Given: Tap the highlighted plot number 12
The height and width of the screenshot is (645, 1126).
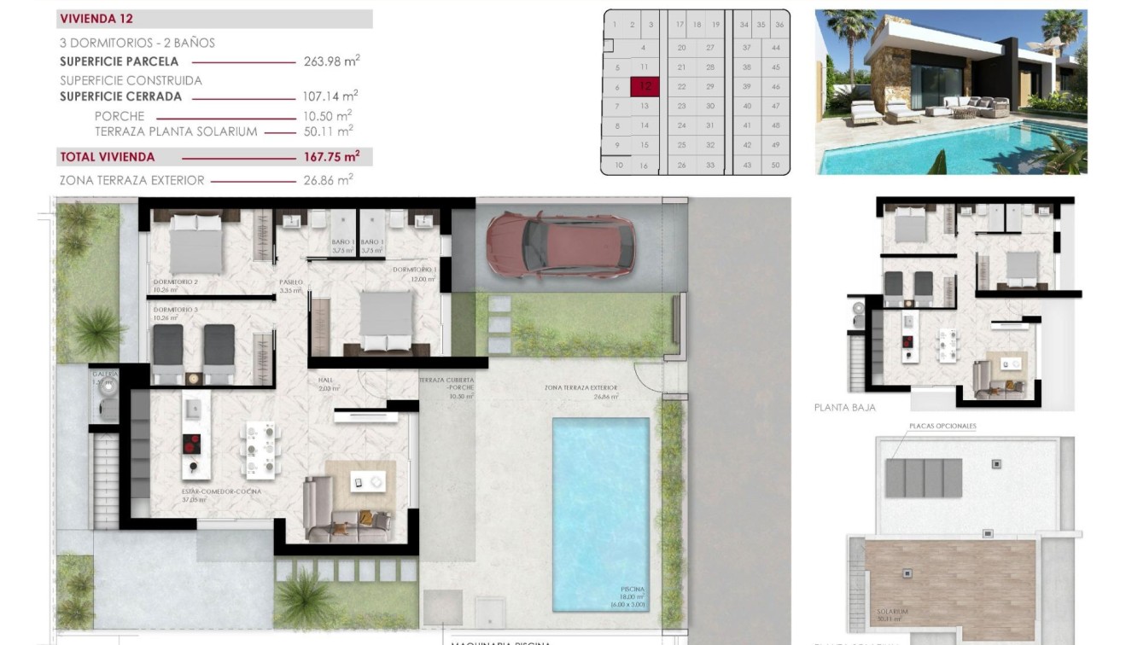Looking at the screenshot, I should pos(645,86).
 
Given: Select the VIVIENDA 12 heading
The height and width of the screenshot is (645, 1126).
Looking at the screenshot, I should pos(96,19).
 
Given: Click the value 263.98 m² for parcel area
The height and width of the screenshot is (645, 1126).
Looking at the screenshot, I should pos(331,61).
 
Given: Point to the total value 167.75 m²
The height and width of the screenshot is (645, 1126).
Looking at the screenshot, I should pos(331,156).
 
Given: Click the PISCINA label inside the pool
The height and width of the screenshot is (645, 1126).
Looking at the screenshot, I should pos(633,590).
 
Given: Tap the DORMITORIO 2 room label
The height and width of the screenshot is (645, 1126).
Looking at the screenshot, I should pos(176,282).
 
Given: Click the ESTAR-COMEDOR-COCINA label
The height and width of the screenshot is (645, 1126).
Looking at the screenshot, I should pos(221,492).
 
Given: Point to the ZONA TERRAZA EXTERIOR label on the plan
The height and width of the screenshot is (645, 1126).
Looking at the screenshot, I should pos(581,388).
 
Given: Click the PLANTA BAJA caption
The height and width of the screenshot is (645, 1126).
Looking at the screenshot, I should pos(844,408).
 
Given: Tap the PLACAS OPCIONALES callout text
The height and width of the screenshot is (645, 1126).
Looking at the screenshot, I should pos(942,426).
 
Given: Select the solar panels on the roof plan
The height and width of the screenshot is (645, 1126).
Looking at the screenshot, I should pos(923,478).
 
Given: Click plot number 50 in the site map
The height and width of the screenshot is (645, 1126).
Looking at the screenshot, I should pos(775,165).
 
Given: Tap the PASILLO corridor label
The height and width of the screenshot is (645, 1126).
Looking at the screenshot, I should pos(290,282).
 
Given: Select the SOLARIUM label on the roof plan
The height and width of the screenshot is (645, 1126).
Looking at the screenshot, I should pos(891,612).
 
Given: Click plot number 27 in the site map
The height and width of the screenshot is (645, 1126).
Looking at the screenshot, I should pos(709,48).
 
